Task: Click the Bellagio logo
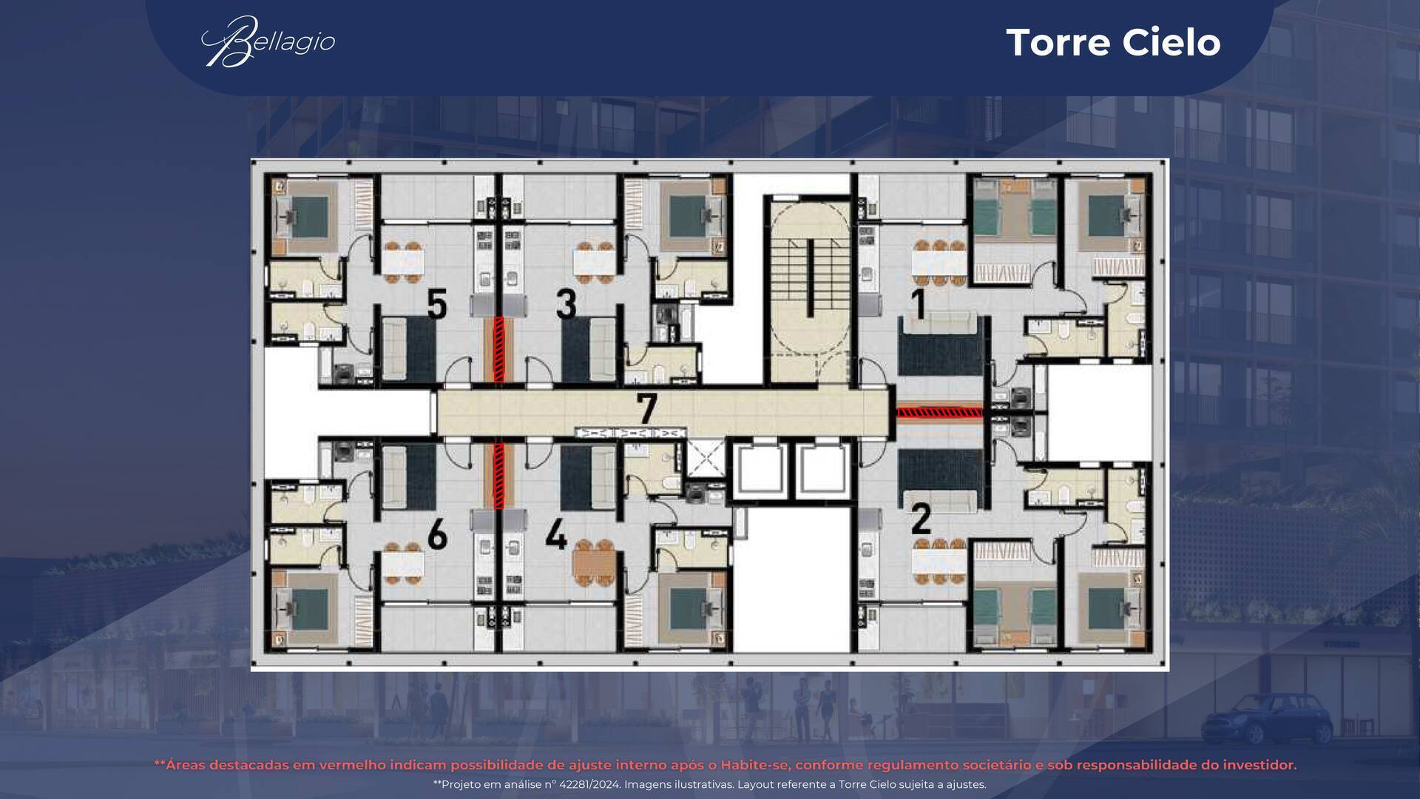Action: point(268,41)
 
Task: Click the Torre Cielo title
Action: point(1113,42)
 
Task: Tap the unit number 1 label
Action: point(919,305)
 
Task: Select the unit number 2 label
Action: point(921,519)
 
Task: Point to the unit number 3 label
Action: point(567,304)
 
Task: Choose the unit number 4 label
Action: point(556,534)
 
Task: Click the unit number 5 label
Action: point(437,304)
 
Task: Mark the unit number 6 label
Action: point(437,534)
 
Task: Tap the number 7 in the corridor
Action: point(647,409)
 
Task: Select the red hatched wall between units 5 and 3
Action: point(499,349)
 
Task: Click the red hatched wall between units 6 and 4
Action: point(499,475)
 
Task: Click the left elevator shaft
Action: point(761,471)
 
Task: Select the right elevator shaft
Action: point(822,471)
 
